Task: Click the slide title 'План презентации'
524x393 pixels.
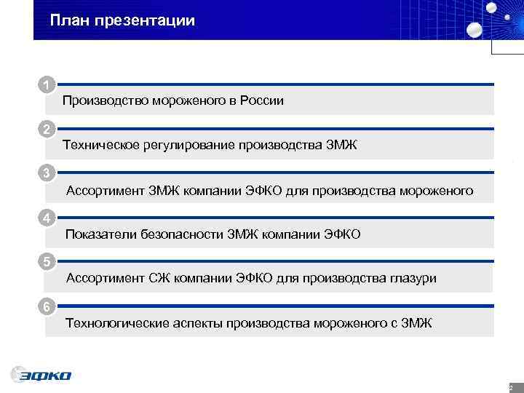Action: (123, 20)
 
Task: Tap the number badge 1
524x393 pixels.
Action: (47, 85)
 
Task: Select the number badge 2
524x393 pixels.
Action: (47, 130)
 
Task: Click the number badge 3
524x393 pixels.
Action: (47, 173)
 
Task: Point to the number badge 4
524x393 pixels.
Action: (47, 218)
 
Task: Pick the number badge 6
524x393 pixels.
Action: (47, 306)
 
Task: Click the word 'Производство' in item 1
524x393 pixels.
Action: (104, 101)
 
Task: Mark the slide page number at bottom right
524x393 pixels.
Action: (511, 388)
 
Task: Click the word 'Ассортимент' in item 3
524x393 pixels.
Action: (103, 191)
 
